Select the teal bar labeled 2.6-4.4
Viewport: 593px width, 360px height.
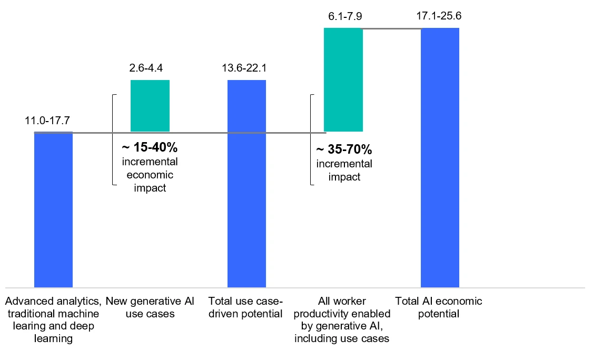[x=150, y=105]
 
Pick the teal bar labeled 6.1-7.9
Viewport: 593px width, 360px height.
[x=343, y=79]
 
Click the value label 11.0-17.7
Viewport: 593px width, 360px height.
[x=47, y=121]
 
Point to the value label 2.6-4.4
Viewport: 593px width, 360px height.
[x=150, y=68]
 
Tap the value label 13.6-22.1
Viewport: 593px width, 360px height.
[x=246, y=68]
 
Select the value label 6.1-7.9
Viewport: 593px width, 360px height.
[x=343, y=16]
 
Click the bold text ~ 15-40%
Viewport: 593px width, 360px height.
[x=150, y=148]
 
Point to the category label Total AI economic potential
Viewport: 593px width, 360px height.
[x=439, y=307]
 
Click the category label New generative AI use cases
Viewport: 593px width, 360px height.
[x=150, y=307]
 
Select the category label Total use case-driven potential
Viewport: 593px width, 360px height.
[x=246, y=307]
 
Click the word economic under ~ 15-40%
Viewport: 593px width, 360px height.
[x=150, y=175]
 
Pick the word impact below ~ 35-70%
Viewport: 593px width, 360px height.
[x=344, y=177]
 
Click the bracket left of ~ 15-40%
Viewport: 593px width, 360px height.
[x=113, y=139]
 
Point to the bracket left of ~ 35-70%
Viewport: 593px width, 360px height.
[x=311, y=139]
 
